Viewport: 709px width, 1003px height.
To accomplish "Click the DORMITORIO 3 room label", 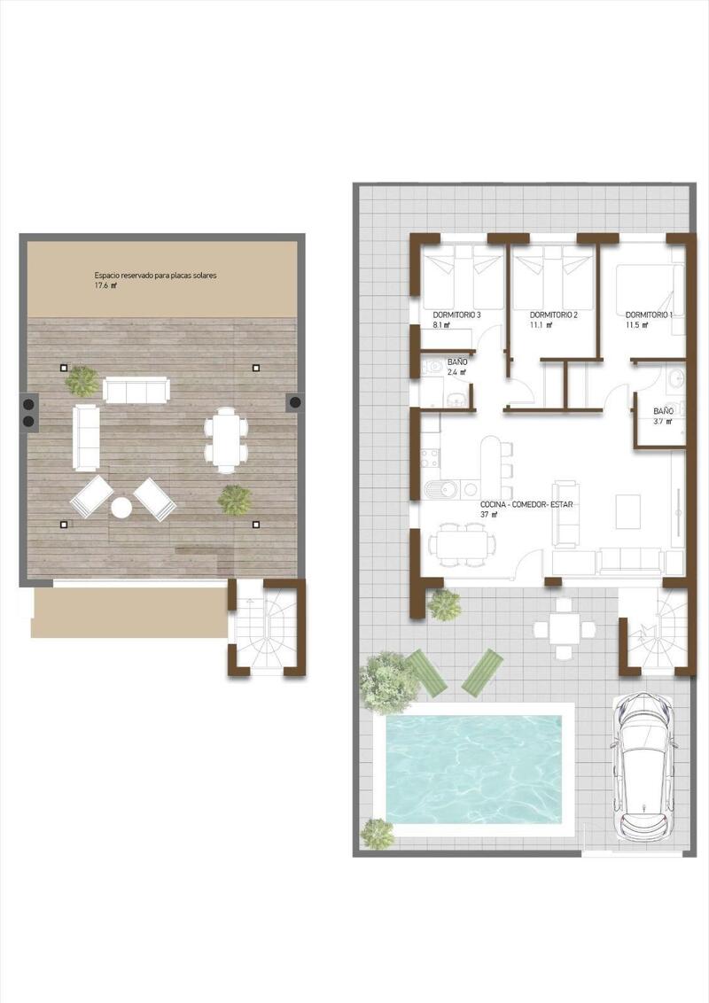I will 456,315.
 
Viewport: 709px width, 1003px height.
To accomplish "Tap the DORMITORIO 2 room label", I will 553,315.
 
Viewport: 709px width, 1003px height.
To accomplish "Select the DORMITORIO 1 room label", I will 649,315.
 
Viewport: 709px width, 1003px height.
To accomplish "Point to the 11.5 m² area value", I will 636,325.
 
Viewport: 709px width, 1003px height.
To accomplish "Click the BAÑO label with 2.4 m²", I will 457,362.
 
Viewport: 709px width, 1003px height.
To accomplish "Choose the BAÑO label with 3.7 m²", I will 663,411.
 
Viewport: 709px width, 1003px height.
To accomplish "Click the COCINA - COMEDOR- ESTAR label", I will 520,503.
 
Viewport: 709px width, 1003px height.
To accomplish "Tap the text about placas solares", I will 156,276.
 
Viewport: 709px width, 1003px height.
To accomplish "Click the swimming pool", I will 474,767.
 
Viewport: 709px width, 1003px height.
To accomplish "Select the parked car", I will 643,767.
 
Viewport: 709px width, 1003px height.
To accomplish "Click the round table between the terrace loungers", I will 121,508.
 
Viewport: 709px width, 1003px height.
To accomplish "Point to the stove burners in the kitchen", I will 430,458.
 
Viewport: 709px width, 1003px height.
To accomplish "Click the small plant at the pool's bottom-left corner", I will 378,832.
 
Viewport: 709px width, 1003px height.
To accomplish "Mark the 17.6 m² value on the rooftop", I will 105,286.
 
